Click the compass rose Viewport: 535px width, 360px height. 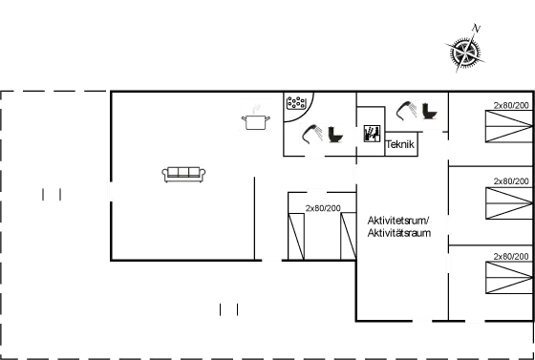[x=464, y=54]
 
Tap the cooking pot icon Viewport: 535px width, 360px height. [x=255, y=116]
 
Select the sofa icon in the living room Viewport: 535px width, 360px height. [x=184, y=174]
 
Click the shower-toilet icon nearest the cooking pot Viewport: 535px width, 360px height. [x=321, y=135]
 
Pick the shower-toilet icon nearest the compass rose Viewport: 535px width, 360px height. [x=416, y=109]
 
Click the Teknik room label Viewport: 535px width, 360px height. [x=400, y=145]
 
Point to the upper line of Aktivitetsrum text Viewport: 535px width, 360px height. [x=398, y=221]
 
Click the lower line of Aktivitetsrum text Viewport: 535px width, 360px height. [x=398, y=232]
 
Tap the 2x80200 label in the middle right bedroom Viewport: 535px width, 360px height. [x=511, y=180]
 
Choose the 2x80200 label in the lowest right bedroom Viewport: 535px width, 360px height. [x=511, y=256]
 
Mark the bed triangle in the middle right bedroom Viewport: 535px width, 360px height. [x=506, y=202]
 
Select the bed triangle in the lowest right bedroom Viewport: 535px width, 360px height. [x=506, y=278]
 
